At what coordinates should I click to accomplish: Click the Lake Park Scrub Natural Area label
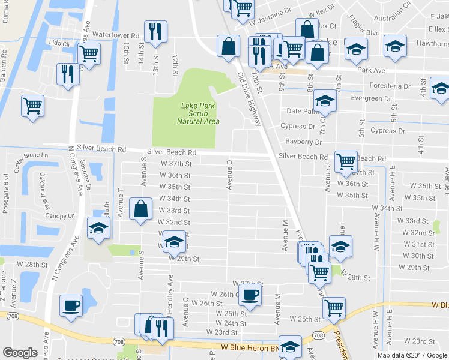click(198, 113)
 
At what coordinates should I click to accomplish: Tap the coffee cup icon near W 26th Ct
click(250, 295)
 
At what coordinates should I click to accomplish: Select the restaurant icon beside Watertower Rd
click(156, 32)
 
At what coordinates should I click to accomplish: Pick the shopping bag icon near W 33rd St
click(140, 210)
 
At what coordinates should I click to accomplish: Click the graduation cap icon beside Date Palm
click(325, 101)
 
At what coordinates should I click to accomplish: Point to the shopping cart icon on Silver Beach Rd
click(346, 161)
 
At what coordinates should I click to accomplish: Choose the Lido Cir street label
click(59, 43)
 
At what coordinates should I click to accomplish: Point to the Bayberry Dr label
click(304, 142)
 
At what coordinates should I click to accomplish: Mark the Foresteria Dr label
click(390, 86)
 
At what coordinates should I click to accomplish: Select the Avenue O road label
click(229, 174)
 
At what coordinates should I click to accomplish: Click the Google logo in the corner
click(20, 353)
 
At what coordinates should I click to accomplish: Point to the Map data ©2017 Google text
click(412, 355)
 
